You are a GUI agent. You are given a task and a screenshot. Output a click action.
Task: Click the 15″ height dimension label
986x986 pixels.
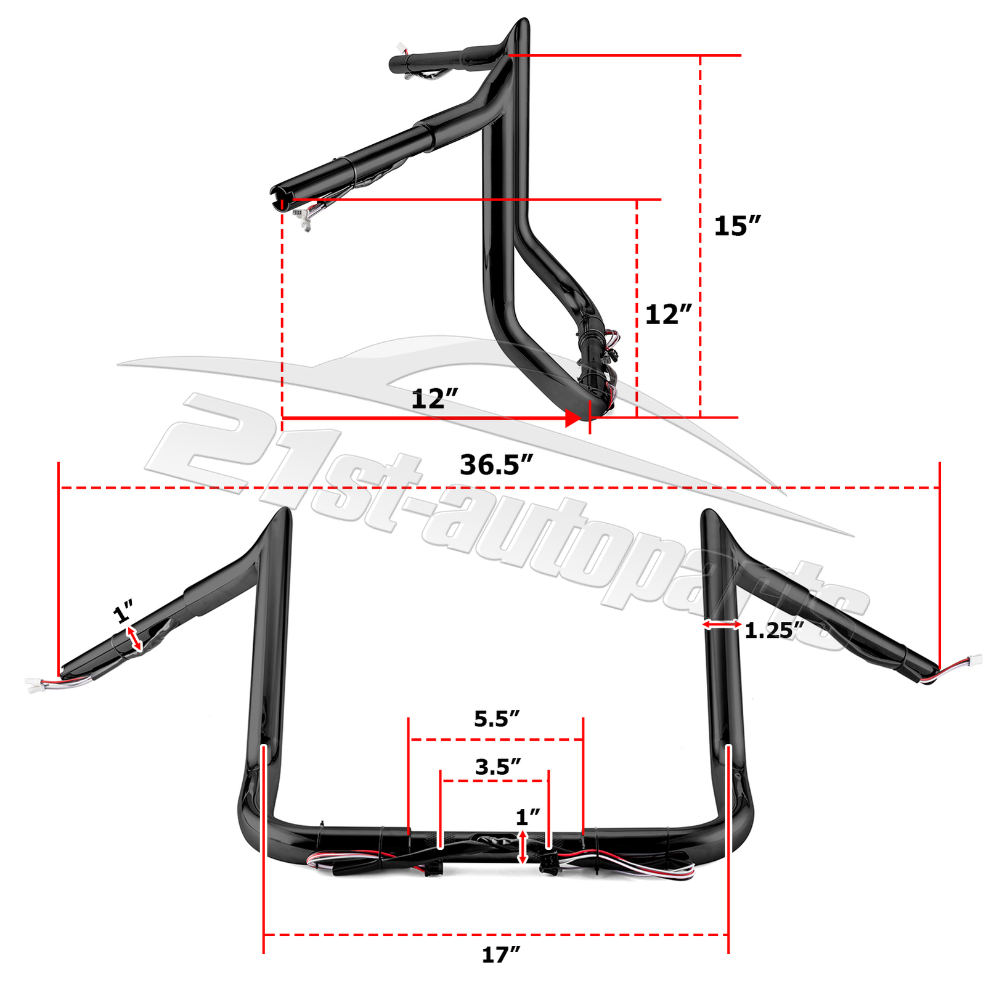pos(736,226)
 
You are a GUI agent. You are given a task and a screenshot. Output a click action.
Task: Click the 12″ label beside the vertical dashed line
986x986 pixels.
pos(668,315)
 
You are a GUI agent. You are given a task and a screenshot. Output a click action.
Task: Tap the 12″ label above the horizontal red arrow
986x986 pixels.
pos(434,399)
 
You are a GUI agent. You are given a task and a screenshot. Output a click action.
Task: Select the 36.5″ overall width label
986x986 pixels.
pos(495,465)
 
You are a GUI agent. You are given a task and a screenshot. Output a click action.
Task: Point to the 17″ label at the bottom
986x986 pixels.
pos(500,955)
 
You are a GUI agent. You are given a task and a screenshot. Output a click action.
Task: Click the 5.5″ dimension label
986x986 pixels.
pos(497,719)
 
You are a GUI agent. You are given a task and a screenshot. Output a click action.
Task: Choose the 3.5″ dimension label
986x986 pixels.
pos(498,767)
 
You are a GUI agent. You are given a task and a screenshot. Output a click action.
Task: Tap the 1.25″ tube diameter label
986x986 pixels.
pos(774,630)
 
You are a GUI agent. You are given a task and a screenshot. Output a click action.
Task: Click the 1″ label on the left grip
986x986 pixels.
pos(123,613)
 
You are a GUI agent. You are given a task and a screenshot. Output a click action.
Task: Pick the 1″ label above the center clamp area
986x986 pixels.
pos(528,817)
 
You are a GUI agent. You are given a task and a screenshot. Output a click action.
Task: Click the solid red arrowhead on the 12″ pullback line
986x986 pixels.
pos(572,418)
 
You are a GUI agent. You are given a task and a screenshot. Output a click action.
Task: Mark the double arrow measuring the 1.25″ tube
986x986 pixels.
pos(722,625)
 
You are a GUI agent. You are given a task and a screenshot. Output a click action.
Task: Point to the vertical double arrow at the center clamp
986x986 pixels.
pos(523,847)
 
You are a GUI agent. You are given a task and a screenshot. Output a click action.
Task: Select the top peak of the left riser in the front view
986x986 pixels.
pos(285,510)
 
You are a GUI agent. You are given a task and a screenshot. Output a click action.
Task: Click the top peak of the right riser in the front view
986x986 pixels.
pos(708,511)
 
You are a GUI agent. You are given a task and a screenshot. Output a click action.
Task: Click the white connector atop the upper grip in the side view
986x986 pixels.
pos(401,47)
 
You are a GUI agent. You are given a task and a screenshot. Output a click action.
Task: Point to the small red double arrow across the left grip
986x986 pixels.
pos(134,638)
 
